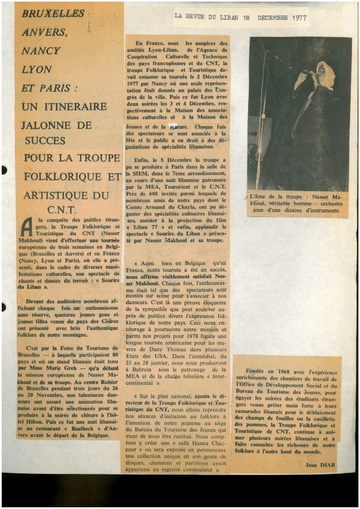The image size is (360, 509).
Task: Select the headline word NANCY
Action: pyautogui.click(x=41, y=51)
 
